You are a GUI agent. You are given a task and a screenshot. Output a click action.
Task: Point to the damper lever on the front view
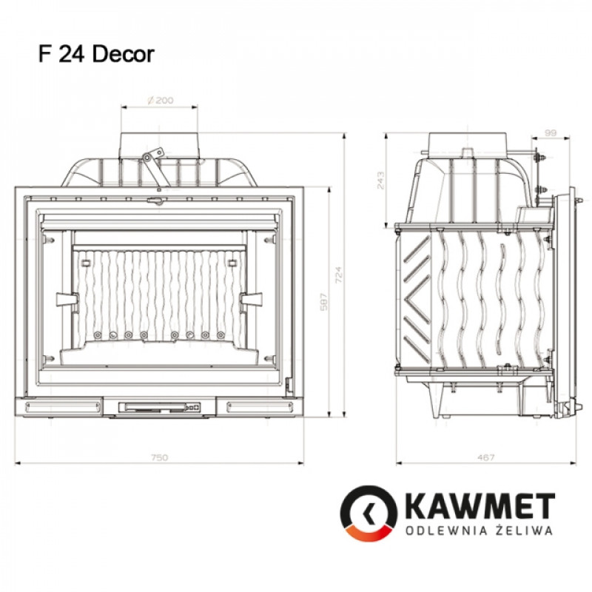tap(152, 164)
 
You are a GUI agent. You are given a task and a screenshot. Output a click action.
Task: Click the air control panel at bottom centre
tap(159, 406)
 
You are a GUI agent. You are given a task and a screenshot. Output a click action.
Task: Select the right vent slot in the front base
tap(256, 406)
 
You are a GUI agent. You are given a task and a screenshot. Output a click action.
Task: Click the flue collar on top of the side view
tap(468, 141)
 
